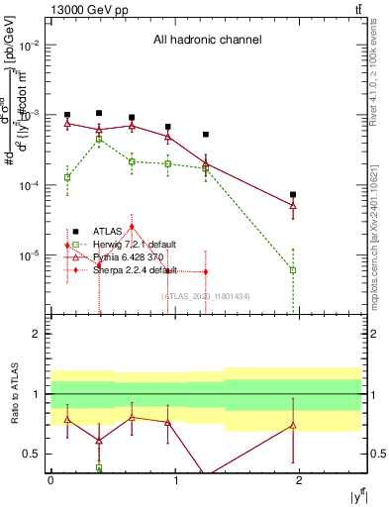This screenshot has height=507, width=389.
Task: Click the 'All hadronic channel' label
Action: (207, 40)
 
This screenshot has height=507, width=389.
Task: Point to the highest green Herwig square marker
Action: (99, 140)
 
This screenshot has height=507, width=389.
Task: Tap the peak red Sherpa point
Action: (132, 227)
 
